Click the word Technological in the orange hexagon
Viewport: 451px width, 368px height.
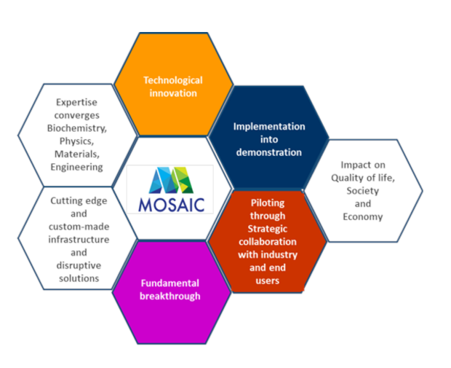click(173, 80)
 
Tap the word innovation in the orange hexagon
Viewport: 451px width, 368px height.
click(173, 93)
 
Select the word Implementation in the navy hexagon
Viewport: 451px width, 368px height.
click(269, 127)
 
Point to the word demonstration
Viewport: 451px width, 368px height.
click(269, 152)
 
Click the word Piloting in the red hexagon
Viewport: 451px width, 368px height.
click(268, 203)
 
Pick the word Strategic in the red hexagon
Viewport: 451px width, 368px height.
click(268, 229)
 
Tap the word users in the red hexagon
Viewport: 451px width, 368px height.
click(268, 281)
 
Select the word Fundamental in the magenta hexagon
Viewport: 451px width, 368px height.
click(170, 283)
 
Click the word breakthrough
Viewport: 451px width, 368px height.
click(170, 297)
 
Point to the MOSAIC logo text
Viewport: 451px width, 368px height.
click(172, 205)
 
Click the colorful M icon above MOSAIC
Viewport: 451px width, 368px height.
click(172, 180)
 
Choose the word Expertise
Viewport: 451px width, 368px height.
click(76, 103)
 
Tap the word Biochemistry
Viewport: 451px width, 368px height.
click(77, 128)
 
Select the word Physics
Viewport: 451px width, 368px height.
click(76, 141)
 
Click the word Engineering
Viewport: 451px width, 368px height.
click(76, 167)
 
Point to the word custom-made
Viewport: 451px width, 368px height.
click(79, 227)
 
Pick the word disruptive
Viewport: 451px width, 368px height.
click(79, 265)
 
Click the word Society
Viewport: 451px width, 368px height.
click(363, 191)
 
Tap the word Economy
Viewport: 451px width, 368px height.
click(363, 216)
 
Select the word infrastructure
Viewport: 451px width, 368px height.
click(79, 240)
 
